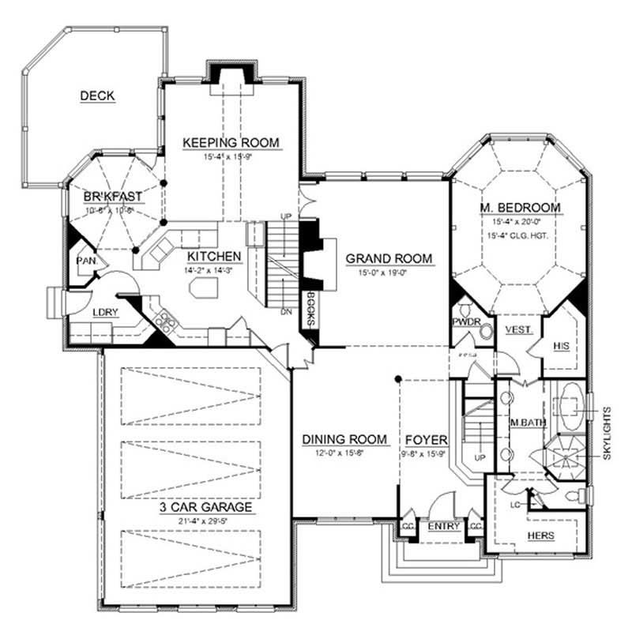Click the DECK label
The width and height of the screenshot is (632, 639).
(x=98, y=96)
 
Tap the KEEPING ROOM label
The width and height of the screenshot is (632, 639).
(x=231, y=142)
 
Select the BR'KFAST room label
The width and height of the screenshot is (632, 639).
(x=113, y=197)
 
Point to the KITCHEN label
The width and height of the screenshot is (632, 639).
(x=214, y=256)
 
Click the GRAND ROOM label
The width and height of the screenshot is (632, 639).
(x=389, y=258)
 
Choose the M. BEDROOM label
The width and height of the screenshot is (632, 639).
(x=520, y=208)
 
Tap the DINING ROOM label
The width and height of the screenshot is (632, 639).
(x=345, y=439)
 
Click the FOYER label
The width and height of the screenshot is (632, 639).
(x=427, y=439)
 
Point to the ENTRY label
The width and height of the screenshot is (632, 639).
(x=444, y=527)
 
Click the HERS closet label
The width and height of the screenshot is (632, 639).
(x=541, y=536)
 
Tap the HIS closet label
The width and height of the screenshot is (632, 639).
(x=562, y=346)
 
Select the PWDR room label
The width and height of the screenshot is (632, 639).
(x=463, y=322)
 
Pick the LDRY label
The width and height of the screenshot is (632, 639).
(x=104, y=312)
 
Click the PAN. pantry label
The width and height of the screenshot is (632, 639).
(x=85, y=261)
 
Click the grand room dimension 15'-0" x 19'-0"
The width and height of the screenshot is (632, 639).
(x=389, y=273)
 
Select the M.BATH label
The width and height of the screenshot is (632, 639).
(x=528, y=423)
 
